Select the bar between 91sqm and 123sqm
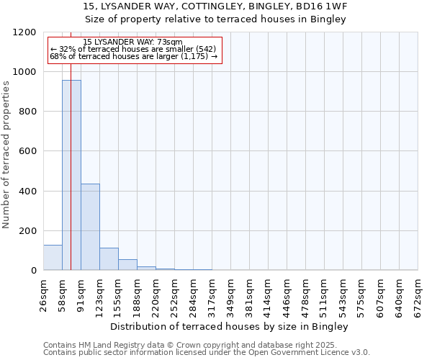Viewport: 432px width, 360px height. (90, 227)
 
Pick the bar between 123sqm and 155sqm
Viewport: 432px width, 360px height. (109, 259)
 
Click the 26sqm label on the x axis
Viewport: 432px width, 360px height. (43, 294)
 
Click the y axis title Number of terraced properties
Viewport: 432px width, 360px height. (6, 155)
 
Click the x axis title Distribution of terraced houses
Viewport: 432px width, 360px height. (230, 327)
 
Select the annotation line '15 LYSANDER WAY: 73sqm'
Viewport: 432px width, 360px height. (132, 42)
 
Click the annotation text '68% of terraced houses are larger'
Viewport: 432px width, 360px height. (133, 56)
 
